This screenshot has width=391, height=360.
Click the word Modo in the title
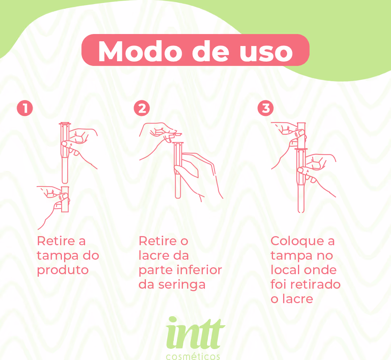[x=140, y=51]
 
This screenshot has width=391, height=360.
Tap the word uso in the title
[x=266, y=53]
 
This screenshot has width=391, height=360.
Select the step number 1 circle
[x=25, y=108]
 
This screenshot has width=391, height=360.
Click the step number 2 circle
[x=142, y=108]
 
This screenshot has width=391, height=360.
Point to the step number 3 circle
[x=265, y=108]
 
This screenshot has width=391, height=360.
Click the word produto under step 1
[x=63, y=271]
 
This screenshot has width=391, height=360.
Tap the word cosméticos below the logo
[x=193, y=356]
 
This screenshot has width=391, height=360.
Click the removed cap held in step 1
[x=65, y=199]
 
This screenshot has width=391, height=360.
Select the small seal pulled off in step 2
[x=177, y=134]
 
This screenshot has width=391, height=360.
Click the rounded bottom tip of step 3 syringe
[x=301, y=211]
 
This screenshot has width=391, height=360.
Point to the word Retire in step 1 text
[x=56, y=241]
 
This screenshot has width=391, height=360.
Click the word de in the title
[x=210, y=51]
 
